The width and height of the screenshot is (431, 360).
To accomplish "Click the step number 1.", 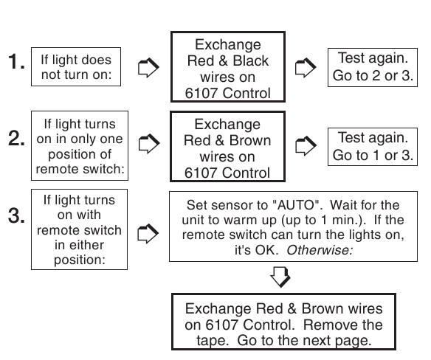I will pyautogui.click(x=13, y=65).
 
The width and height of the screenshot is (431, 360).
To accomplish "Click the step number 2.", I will pyautogui.click(x=13, y=140).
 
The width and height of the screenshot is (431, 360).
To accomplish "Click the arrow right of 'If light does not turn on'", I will pyautogui.click(x=148, y=68).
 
